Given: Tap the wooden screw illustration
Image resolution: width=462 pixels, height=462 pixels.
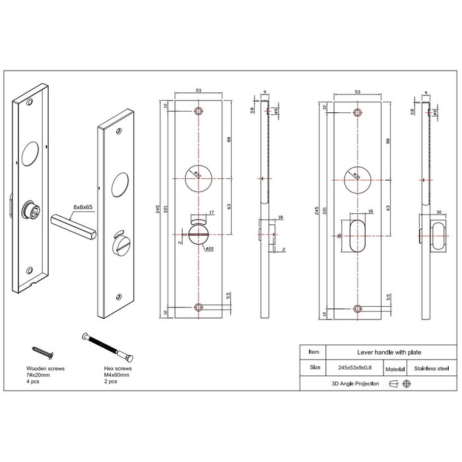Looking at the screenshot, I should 40,351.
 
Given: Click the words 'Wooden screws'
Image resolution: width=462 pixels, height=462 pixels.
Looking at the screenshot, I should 46,368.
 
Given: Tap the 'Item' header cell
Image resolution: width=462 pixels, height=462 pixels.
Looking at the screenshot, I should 313,352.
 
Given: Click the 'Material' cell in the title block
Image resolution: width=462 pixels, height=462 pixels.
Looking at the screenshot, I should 395,368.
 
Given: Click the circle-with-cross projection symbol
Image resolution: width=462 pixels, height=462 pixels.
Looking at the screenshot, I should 407,384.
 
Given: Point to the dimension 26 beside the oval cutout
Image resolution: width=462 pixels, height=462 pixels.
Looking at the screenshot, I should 340,236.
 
